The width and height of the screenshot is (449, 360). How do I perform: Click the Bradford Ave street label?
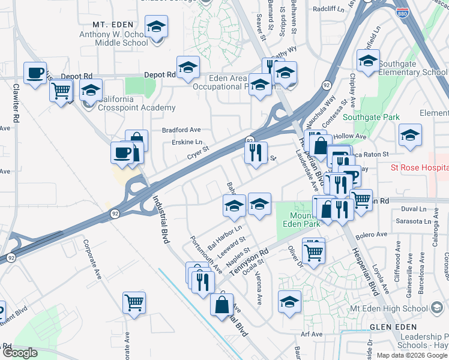pyautogui.click(x=181, y=130)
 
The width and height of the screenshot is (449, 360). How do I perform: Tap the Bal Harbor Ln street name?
pyautogui.click(x=224, y=238)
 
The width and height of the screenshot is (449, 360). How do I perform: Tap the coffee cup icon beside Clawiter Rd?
pyautogui.click(x=35, y=73)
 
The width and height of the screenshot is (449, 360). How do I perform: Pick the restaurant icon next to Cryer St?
pyautogui.click(x=256, y=152)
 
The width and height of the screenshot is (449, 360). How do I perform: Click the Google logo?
pyautogui.click(x=20, y=352)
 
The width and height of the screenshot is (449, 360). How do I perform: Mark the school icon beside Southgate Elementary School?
pyautogui.click(x=368, y=60)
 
